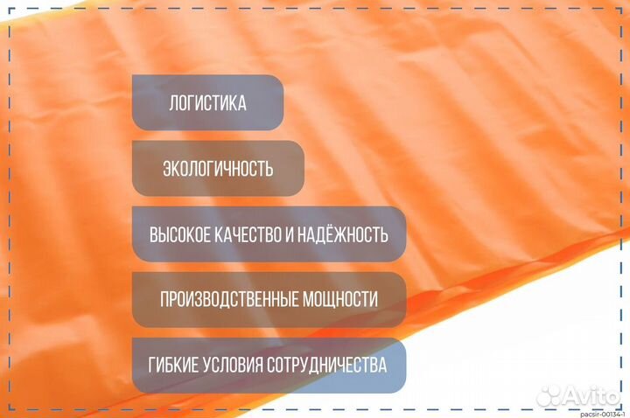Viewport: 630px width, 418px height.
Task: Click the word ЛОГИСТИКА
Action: pos(207,103)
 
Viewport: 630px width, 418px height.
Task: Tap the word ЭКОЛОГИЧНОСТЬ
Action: pos(218,169)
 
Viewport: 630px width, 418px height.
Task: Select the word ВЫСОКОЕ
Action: pos(180,235)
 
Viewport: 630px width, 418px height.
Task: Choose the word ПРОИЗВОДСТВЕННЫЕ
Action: pos(229,300)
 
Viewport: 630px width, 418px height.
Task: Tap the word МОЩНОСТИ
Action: pos(339,300)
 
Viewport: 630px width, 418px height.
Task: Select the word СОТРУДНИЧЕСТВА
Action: pos(326,365)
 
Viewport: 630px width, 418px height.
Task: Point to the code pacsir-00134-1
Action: pos(603,414)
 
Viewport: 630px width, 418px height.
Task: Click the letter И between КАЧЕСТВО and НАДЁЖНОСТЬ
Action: pos(290,235)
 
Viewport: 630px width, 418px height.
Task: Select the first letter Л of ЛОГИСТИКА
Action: pos(173,103)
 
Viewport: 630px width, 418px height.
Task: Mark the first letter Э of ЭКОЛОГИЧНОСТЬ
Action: pos(167,169)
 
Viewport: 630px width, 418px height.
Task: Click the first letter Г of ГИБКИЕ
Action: pos(152,365)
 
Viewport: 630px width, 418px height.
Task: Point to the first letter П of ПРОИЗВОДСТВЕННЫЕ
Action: pos(164,300)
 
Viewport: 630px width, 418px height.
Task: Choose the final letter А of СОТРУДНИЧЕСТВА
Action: pos(382,365)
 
